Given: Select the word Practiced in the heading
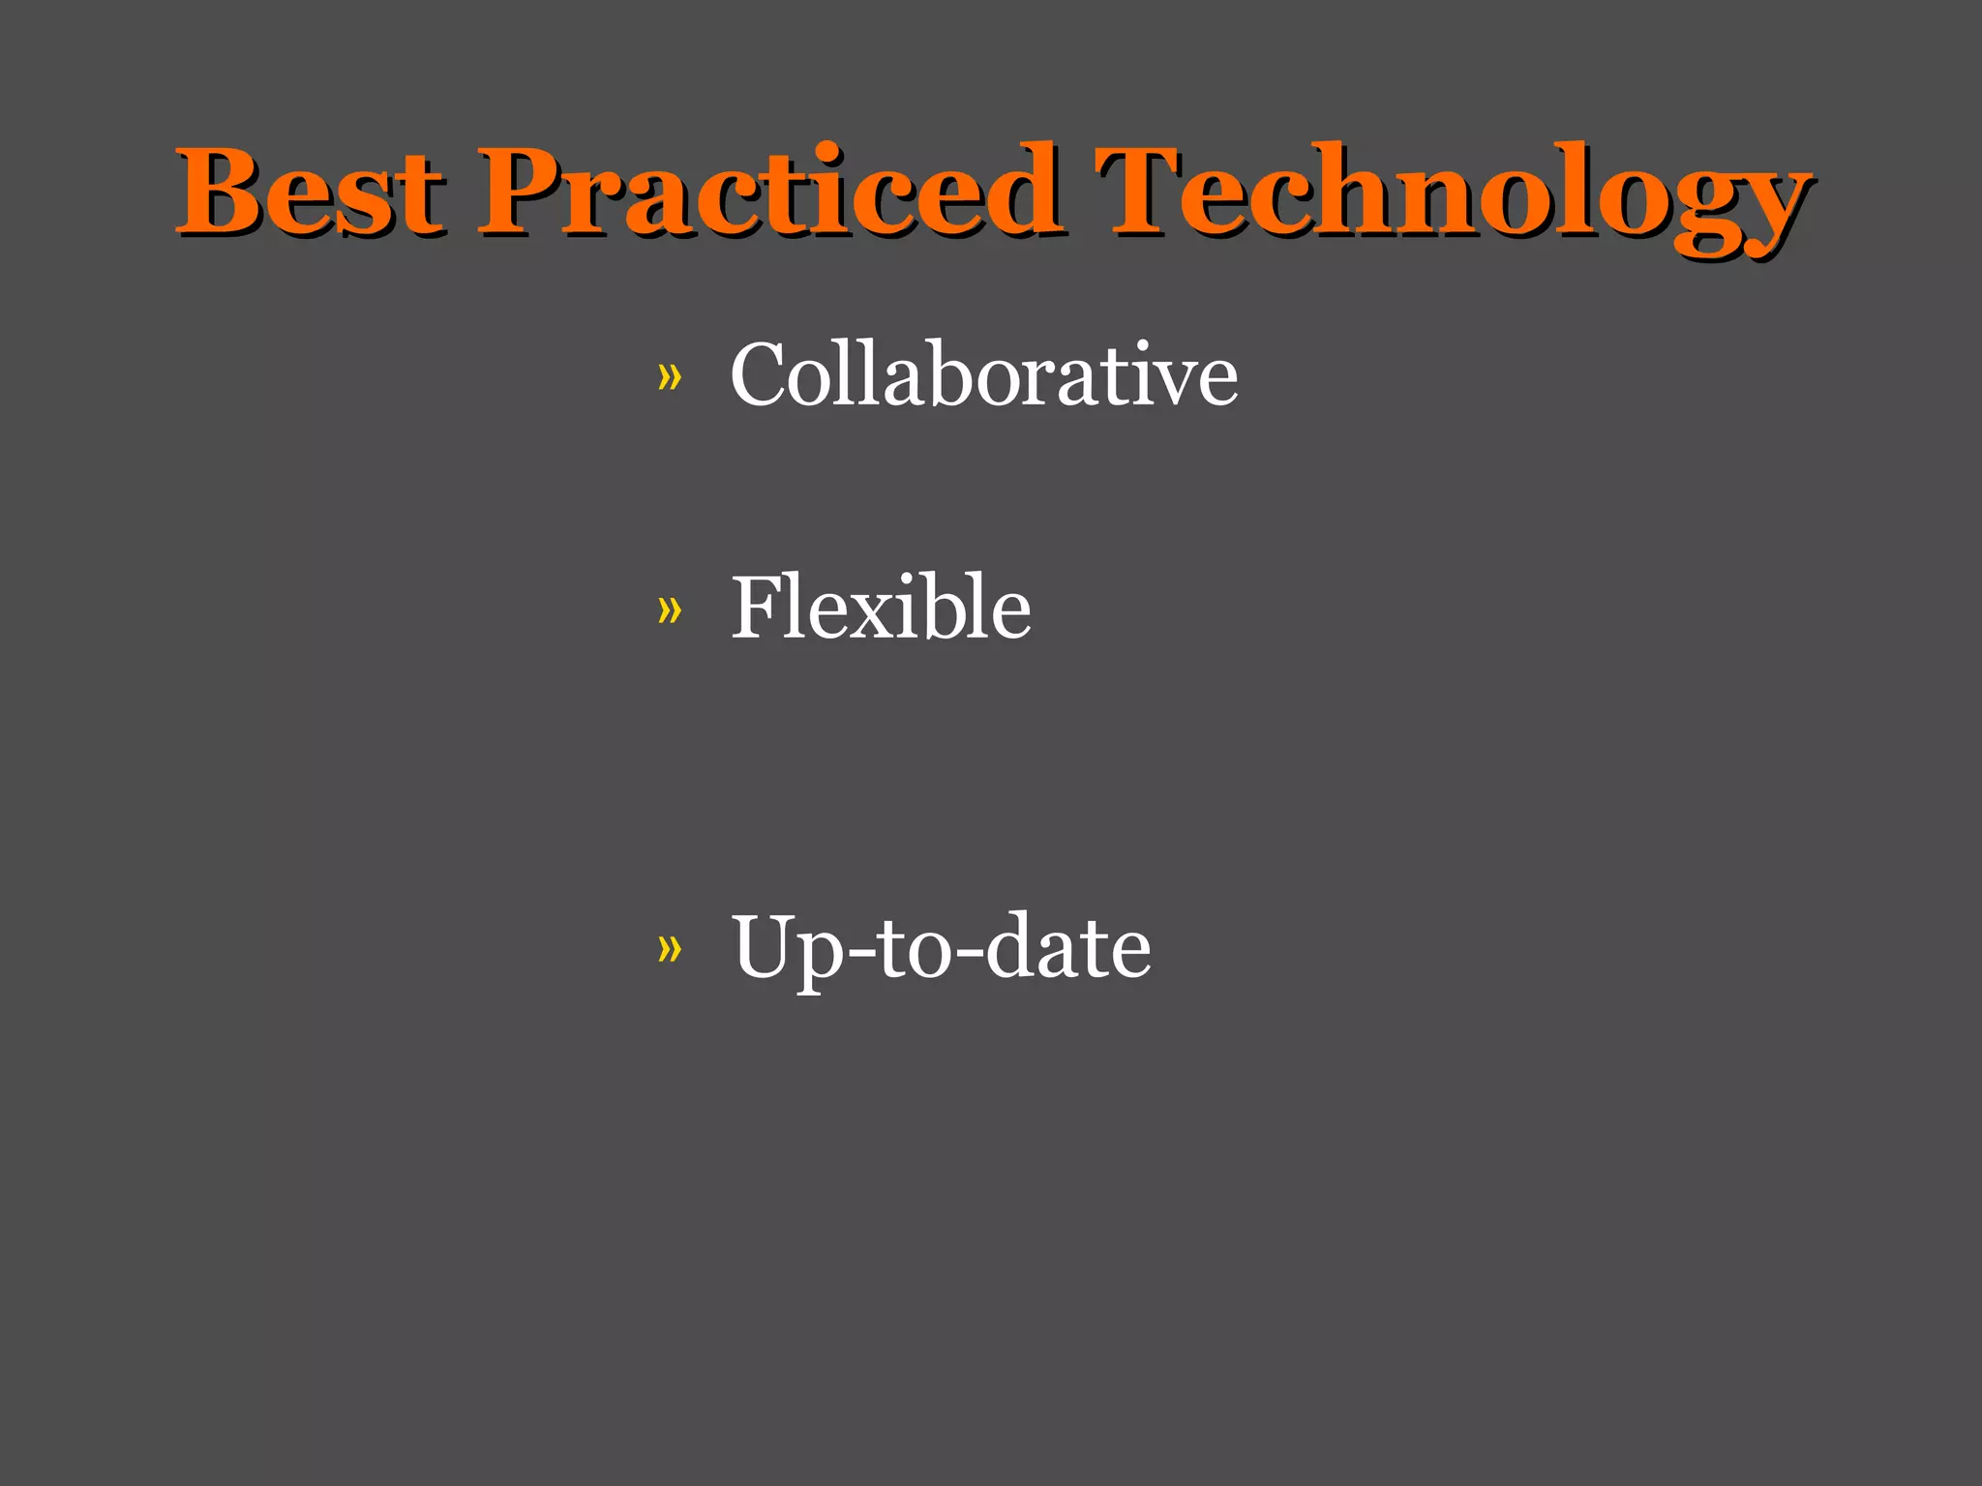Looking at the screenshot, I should click(769, 191).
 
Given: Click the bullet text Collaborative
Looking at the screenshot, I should click(983, 375).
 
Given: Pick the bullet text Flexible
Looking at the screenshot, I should click(881, 609).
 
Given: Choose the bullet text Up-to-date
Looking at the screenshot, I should click(941, 947).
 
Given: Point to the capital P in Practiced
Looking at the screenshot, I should click(527, 191).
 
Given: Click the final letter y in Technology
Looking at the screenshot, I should click(1777, 208).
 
